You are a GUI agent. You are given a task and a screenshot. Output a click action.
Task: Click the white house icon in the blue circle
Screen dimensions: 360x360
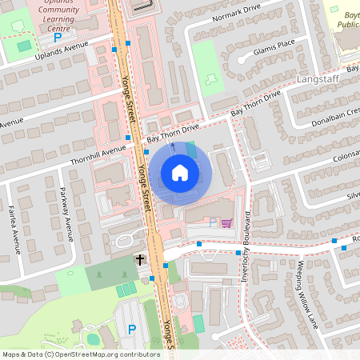(180, 172)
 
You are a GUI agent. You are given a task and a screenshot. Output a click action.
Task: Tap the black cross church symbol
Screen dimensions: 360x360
(140, 260)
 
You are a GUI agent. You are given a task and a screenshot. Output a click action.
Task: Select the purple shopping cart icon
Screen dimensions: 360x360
(226, 223)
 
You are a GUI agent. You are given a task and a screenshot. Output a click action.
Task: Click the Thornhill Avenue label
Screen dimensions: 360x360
(97, 150)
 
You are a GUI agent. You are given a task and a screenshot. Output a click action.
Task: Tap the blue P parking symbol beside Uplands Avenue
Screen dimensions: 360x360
(57, 38)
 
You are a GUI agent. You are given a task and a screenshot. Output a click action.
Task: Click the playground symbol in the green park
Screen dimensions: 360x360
(211, 78)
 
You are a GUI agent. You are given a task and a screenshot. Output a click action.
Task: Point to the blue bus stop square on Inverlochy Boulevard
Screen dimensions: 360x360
(238, 254)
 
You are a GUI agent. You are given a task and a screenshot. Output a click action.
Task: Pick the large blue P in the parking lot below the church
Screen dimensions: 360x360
(132, 329)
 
